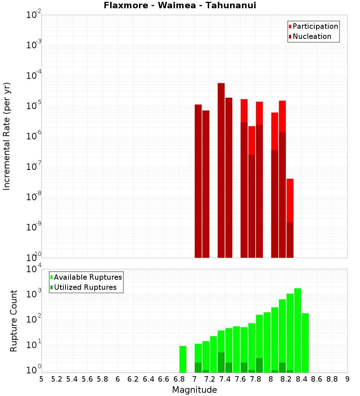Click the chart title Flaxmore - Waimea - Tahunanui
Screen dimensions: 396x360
point(180,6)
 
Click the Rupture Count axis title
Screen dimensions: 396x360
point(14,321)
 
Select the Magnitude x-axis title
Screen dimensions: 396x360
point(194,390)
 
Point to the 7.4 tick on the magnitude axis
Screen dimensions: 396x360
point(225,379)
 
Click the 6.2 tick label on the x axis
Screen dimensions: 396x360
point(133,379)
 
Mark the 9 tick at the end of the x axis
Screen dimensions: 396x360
point(347,379)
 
